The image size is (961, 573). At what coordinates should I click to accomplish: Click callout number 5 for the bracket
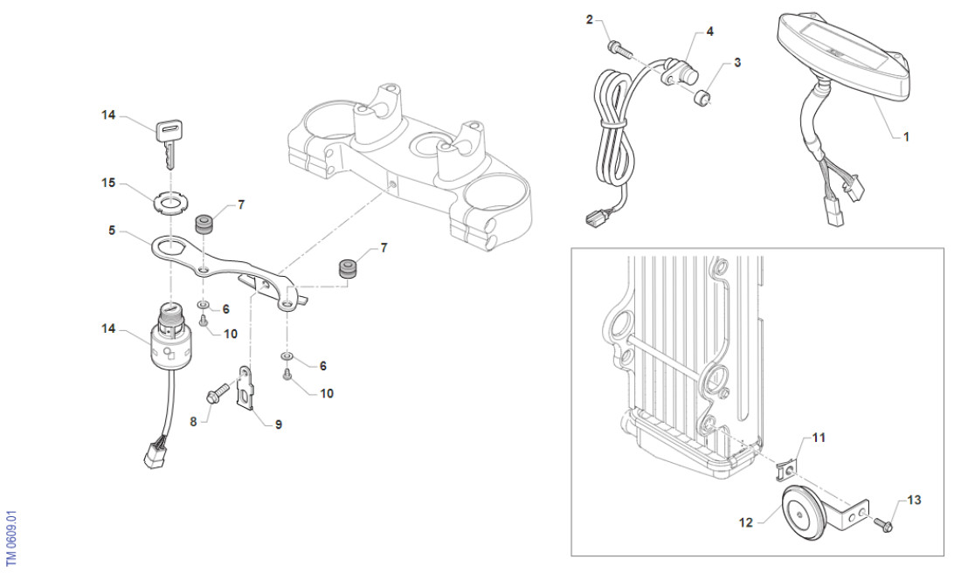[x=112, y=233]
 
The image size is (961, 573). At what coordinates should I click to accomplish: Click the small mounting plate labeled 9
[x=249, y=386]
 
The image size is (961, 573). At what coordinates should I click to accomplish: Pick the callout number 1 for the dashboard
[x=905, y=137]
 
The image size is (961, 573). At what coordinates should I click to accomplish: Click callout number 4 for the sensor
[x=709, y=31]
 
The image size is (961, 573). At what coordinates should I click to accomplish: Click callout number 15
[x=108, y=183]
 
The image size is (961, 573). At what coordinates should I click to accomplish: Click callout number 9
[x=278, y=425]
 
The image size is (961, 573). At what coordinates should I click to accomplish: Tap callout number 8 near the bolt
[x=194, y=420]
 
